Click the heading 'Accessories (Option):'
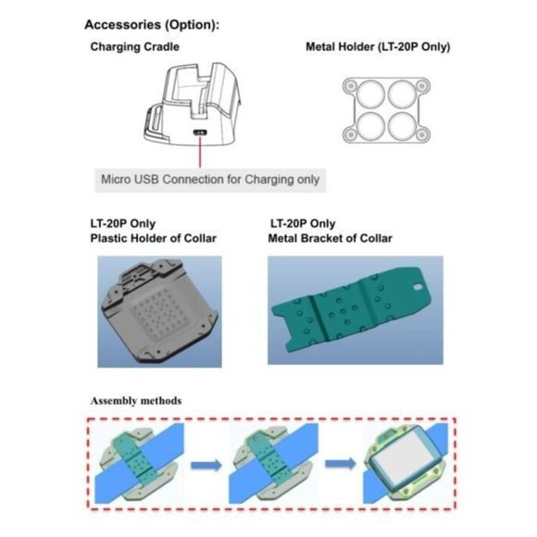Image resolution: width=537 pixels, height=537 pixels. pyautogui.click(x=152, y=25)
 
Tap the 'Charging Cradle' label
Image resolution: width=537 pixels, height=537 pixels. pyautogui.click(x=134, y=46)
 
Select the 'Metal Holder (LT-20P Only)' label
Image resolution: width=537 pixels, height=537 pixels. pyautogui.click(x=378, y=46)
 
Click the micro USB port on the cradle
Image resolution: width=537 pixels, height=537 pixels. pyautogui.click(x=200, y=133)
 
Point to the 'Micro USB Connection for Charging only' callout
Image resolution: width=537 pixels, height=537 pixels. pyautogui.click(x=210, y=180)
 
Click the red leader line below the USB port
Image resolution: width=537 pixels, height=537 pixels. pyautogui.click(x=200, y=151)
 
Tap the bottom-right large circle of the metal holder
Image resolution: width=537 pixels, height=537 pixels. pyautogui.click(x=403, y=126)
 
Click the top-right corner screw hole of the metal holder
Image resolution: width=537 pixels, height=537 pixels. pyautogui.click(x=422, y=85)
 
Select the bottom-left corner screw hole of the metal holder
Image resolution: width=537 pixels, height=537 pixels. pyautogui.click(x=350, y=134)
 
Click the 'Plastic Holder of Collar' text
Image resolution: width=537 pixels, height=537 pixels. pyautogui.click(x=153, y=238)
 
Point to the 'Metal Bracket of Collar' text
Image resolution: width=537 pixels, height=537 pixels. pyautogui.click(x=330, y=238)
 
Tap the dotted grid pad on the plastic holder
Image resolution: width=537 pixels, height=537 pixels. pyautogui.click(x=160, y=312)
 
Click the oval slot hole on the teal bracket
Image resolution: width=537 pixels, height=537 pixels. pyautogui.click(x=418, y=286)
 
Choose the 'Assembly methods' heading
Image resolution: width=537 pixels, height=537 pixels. pyautogui.click(x=136, y=401)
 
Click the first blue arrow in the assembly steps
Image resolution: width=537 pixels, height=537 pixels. pyautogui.click(x=206, y=465)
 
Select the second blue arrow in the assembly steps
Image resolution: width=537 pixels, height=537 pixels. pyautogui.click(x=341, y=464)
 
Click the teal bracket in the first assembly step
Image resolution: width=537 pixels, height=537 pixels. pyautogui.click(x=136, y=460)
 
